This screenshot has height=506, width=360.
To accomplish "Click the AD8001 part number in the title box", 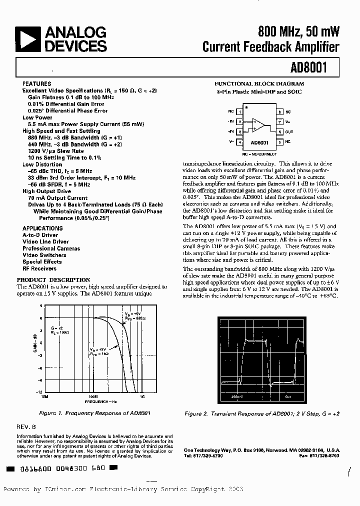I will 307,67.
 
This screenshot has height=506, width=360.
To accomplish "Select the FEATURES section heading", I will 36,84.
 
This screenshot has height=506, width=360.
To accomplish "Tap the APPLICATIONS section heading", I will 42,228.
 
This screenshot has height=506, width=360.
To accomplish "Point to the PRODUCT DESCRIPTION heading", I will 53,280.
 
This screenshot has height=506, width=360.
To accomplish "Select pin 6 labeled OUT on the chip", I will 280,132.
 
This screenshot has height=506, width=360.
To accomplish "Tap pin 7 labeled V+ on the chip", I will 280,121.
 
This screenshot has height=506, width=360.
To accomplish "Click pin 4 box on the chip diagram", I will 239,142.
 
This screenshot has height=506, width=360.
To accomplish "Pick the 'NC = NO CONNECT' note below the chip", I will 259,155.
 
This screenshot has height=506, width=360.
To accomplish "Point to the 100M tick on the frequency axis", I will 92,396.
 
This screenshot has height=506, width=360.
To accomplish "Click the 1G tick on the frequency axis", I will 142,396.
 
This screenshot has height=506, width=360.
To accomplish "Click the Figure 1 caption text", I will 95,413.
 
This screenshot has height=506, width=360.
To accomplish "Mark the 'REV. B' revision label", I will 28,427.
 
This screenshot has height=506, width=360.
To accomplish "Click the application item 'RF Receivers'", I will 39,268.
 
